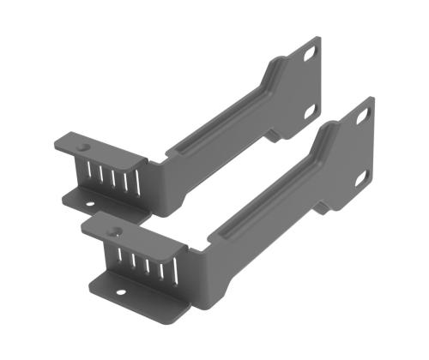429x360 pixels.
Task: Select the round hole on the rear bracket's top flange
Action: tap(83, 147)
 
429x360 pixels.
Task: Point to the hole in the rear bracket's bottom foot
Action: tap(92, 205)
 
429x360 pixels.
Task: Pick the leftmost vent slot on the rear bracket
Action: tap(88, 172)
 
